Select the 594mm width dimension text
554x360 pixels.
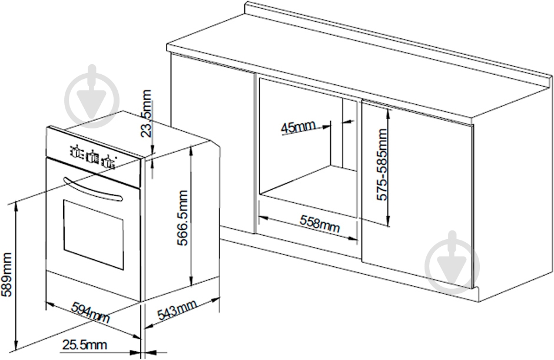(91, 312)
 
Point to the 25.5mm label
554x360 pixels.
(84, 345)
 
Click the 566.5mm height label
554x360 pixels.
(183, 217)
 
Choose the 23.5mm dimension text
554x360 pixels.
(145, 113)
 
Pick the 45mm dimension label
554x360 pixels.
(297, 127)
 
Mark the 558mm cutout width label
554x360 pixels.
(320, 224)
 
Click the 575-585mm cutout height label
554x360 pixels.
(382, 164)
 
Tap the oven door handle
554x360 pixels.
(92, 189)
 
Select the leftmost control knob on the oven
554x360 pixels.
(75, 151)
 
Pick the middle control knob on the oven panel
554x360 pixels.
(92, 157)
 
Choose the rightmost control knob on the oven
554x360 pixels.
(108, 162)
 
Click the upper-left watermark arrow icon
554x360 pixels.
(92, 96)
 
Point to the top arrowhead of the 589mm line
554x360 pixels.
(15, 207)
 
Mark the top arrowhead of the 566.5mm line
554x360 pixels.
(191, 150)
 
